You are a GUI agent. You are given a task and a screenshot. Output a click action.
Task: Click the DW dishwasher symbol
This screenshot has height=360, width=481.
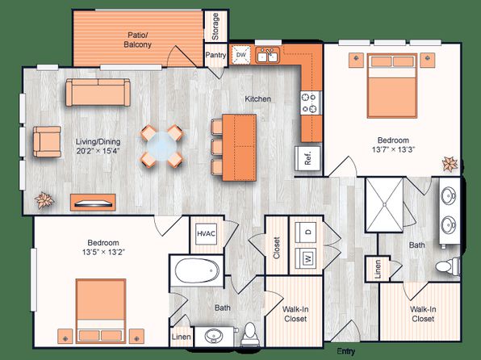point(241,55)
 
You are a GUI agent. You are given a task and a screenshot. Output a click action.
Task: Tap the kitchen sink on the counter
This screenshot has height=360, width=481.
point(268,55)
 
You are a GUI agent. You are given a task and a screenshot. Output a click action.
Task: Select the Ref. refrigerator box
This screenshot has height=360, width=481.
point(308,158)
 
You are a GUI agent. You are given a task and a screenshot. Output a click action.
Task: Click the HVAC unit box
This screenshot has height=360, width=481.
point(206,233)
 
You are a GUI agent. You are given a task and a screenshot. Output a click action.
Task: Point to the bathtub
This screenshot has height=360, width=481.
point(197,271)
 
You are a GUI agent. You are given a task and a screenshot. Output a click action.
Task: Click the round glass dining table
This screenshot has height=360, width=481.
point(161,146)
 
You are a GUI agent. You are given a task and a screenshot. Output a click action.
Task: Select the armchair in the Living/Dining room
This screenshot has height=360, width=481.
point(48,141)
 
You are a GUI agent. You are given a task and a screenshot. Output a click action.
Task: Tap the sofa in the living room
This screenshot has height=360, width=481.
point(98,92)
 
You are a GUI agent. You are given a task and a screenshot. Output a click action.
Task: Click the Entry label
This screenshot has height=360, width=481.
point(346,351)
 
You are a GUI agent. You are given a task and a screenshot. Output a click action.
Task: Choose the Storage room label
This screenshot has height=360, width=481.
point(215,27)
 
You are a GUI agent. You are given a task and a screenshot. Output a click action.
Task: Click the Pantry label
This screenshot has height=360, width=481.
point(215,55)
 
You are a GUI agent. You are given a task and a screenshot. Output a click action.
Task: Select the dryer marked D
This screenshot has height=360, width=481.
point(307,232)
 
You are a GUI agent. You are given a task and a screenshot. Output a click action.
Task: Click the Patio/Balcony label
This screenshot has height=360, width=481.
point(138,40)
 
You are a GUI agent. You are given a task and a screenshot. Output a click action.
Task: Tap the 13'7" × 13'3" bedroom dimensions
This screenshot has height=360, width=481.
point(393,150)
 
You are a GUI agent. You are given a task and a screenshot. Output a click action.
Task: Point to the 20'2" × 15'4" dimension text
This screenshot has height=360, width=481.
point(98,151)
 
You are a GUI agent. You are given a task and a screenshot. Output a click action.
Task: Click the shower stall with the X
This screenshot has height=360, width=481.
point(384,204)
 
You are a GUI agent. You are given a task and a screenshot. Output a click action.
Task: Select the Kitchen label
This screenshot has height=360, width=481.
point(257,98)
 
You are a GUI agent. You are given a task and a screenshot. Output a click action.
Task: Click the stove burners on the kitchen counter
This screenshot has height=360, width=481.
point(311,103)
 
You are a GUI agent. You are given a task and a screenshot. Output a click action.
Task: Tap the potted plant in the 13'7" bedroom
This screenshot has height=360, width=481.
point(450,164)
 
